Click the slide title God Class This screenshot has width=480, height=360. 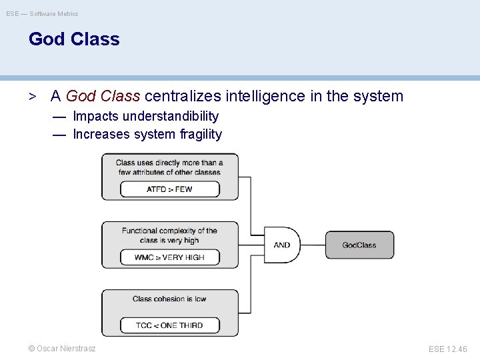tap(74, 39)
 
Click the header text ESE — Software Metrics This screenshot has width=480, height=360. tap(43, 13)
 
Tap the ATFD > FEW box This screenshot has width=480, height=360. tap(169, 189)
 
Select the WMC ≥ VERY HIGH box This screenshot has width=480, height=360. tap(169, 257)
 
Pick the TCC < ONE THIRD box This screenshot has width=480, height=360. tap(169, 325)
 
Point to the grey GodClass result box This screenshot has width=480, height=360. tap(359, 245)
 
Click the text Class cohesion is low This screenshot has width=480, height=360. tap(169, 299)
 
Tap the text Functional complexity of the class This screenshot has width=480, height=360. tap(169, 231)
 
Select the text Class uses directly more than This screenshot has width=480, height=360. tap(169, 162)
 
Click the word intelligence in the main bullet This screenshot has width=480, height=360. tap(266, 96)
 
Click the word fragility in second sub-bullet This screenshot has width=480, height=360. tap(201, 134)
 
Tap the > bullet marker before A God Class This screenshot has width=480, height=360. tap(32, 96)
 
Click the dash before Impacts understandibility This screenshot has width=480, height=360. tap(59, 117)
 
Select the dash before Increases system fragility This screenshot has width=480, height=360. tap(59, 134)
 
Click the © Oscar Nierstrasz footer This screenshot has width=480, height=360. tap(62, 348)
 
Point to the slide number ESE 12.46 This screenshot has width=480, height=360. tap(448, 348)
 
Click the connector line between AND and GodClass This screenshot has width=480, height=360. tap(313, 245)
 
